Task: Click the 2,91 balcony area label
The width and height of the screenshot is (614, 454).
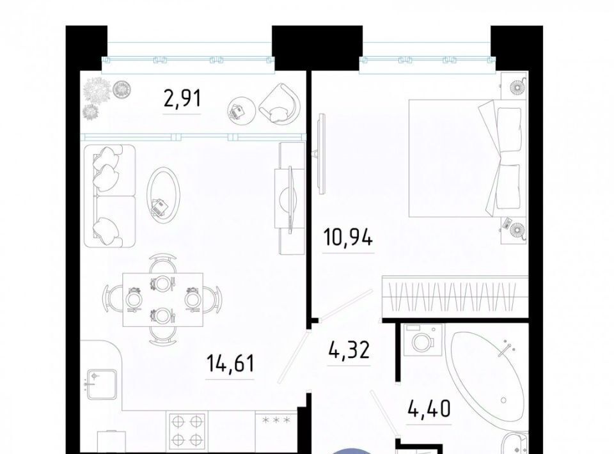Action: point(182,98)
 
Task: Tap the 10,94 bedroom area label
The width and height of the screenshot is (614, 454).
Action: point(348,237)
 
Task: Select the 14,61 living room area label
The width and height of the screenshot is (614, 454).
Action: point(230,363)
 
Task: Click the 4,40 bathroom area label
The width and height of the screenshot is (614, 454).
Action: point(429,408)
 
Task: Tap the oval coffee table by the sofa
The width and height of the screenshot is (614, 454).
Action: point(164,195)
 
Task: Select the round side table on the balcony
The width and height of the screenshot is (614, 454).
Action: point(242,111)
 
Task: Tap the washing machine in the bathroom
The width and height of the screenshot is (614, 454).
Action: point(423,340)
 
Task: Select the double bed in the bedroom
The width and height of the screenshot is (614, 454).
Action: point(467,158)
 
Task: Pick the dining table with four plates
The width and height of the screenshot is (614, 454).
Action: point(163,299)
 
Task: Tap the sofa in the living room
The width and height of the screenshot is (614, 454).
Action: point(109,196)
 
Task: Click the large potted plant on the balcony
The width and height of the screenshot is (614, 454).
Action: point(97,89)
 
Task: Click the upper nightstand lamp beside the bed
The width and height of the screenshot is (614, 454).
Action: point(514,87)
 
